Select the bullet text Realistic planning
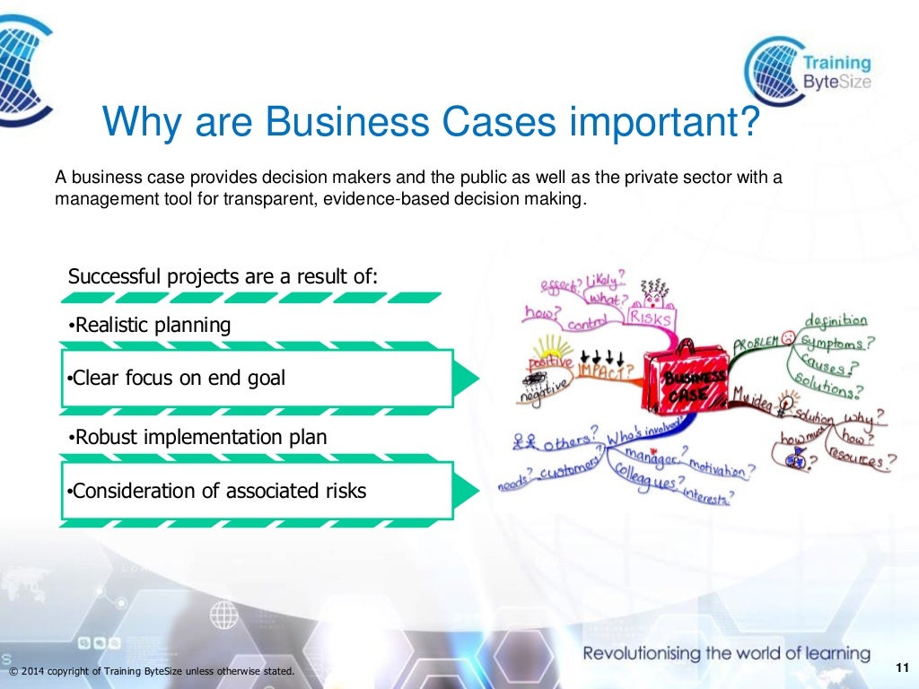[x=150, y=325]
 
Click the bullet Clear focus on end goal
[x=177, y=378]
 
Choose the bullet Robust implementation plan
[x=198, y=437]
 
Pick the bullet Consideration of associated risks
[x=218, y=491]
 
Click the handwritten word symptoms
[x=835, y=343]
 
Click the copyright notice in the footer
[x=151, y=672]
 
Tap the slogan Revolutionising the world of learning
[x=726, y=653]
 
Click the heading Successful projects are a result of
[x=223, y=276]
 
